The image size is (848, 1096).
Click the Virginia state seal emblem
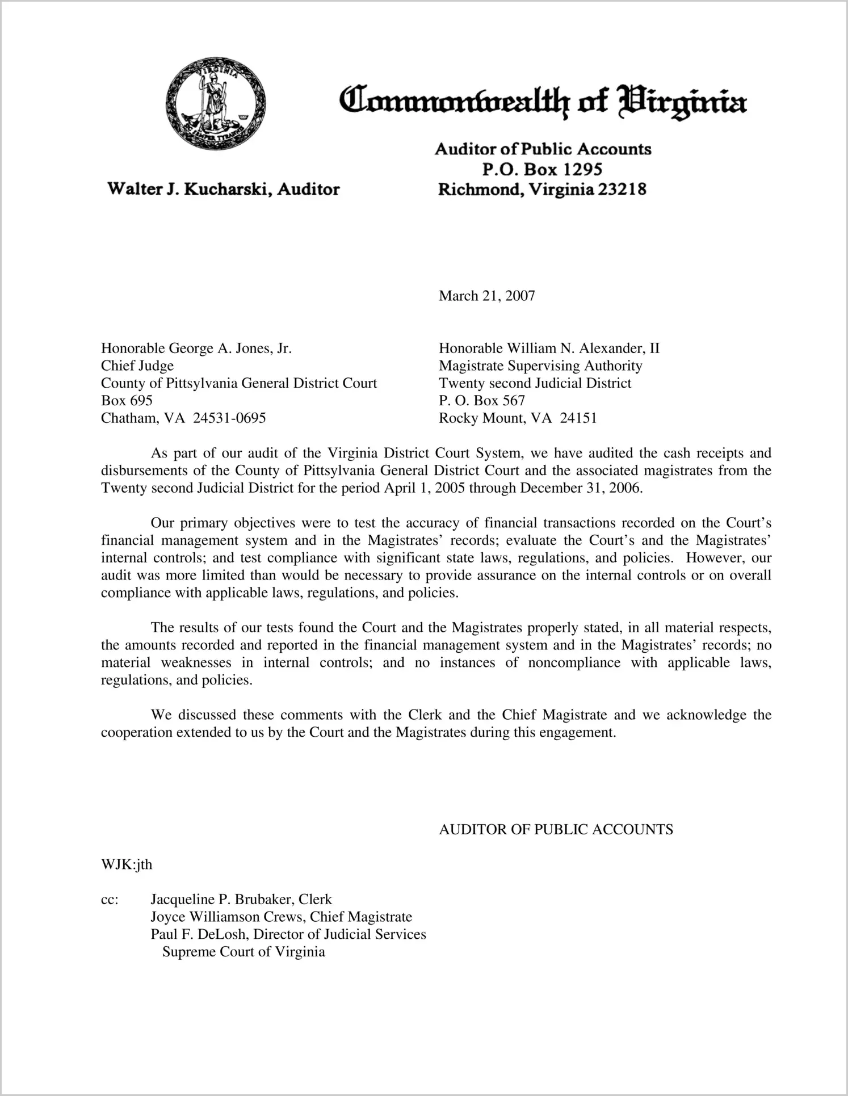pyautogui.click(x=216, y=104)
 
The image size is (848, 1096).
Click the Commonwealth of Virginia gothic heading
pyautogui.click(x=542, y=103)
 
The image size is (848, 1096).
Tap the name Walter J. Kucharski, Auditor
pyautogui.click(x=224, y=189)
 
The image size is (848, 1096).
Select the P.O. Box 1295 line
pyautogui.click(x=541, y=169)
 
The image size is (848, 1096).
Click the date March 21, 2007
pyautogui.click(x=486, y=296)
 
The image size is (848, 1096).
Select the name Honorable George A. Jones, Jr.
pyautogui.click(x=196, y=348)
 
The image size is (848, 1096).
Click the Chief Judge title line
pyautogui.click(x=137, y=366)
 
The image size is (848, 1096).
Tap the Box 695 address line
pyautogui.click(x=127, y=401)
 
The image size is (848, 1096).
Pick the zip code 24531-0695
pyautogui.click(x=229, y=418)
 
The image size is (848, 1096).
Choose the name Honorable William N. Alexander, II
pyautogui.click(x=549, y=348)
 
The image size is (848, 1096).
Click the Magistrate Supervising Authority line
pyautogui.click(x=540, y=366)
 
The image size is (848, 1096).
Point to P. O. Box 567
pyautogui.click(x=482, y=401)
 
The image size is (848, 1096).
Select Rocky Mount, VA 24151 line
pyautogui.click(x=518, y=418)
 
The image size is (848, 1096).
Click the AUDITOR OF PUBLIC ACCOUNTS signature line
pyautogui.click(x=556, y=829)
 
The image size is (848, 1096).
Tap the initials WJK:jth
pyautogui.click(x=127, y=864)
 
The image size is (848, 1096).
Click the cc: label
pyautogui.click(x=110, y=900)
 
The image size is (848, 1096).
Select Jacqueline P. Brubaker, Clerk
pyautogui.click(x=241, y=900)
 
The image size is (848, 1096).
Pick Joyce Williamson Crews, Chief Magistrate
pyautogui.click(x=282, y=917)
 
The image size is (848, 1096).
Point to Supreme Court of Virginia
pyautogui.click(x=244, y=952)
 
